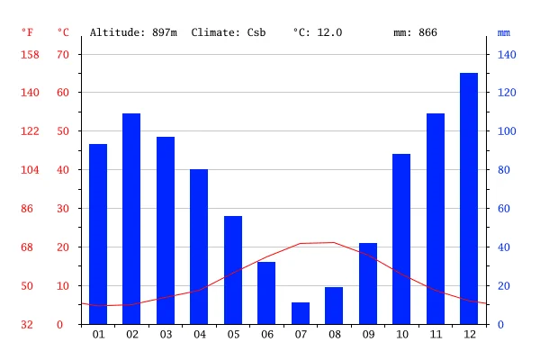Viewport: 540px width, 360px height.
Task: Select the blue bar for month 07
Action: [x=301, y=313]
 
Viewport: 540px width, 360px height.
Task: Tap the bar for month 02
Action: [x=131, y=219]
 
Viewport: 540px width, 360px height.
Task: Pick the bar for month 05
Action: [x=233, y=270]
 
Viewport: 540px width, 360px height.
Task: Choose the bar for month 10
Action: [x=401, y=238]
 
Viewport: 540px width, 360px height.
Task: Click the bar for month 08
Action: [x=334, y=306]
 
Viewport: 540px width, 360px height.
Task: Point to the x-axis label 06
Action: [x=266, y=335]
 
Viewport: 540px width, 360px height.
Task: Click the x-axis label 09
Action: [x=368, y=335]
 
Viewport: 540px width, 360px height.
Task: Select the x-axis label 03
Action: [x=166, y=335]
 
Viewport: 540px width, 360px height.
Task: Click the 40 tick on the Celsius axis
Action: [x=63, y=170]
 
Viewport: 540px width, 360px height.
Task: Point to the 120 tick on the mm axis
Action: [x=507, y=93]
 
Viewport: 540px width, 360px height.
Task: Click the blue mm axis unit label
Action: [x=504, y=32]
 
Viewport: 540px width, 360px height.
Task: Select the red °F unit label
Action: [x=27, y=32]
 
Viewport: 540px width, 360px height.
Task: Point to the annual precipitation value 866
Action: [x=427, y=32]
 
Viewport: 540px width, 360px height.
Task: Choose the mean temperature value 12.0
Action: [x=329, y=32]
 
